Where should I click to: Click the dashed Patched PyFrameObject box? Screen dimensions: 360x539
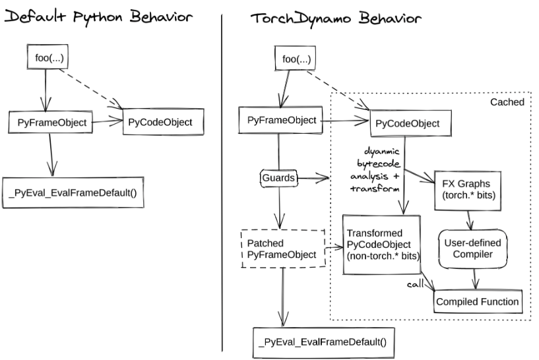(283, 249)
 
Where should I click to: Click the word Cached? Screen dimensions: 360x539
(507, 103)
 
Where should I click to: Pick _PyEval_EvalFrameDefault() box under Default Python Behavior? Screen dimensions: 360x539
(73, 193)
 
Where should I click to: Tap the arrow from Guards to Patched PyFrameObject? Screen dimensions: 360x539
(282, 206)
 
